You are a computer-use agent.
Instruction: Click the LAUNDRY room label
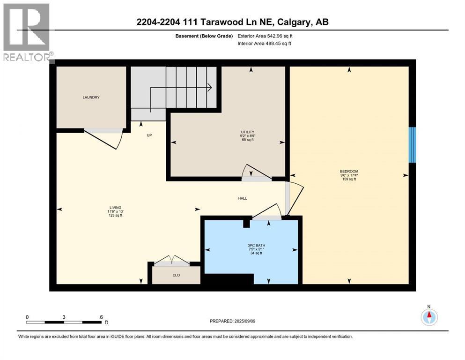[91, 97]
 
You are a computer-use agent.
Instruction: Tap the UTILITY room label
[248, 132]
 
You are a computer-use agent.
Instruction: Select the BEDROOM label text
[349, 171]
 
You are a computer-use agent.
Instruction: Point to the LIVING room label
[115, 208]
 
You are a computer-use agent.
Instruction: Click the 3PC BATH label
[257, 246]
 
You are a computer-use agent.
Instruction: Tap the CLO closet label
[176, 275]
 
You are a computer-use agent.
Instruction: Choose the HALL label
[243, 198]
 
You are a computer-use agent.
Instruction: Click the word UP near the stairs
[149, 135]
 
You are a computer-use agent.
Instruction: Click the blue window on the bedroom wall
[412, 145]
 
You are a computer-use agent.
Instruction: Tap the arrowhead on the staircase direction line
[209, 87]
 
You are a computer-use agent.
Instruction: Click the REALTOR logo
[27, 32]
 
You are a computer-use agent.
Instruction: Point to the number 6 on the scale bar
[102, 317]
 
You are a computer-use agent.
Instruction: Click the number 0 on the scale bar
[27, 317]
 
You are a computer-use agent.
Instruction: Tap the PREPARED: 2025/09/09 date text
[232, 321]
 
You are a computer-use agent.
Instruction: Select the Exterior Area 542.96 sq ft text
[265, 36]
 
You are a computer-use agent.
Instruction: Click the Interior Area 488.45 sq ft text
[264, 43]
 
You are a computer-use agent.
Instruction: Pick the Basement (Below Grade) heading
[204, 36]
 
